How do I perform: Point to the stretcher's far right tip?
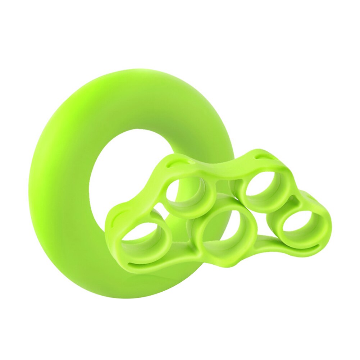[x=330, y=225]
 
